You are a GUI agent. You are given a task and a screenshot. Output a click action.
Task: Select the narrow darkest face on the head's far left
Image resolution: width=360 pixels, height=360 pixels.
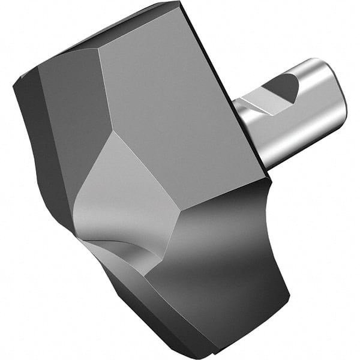tap(33, 138)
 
